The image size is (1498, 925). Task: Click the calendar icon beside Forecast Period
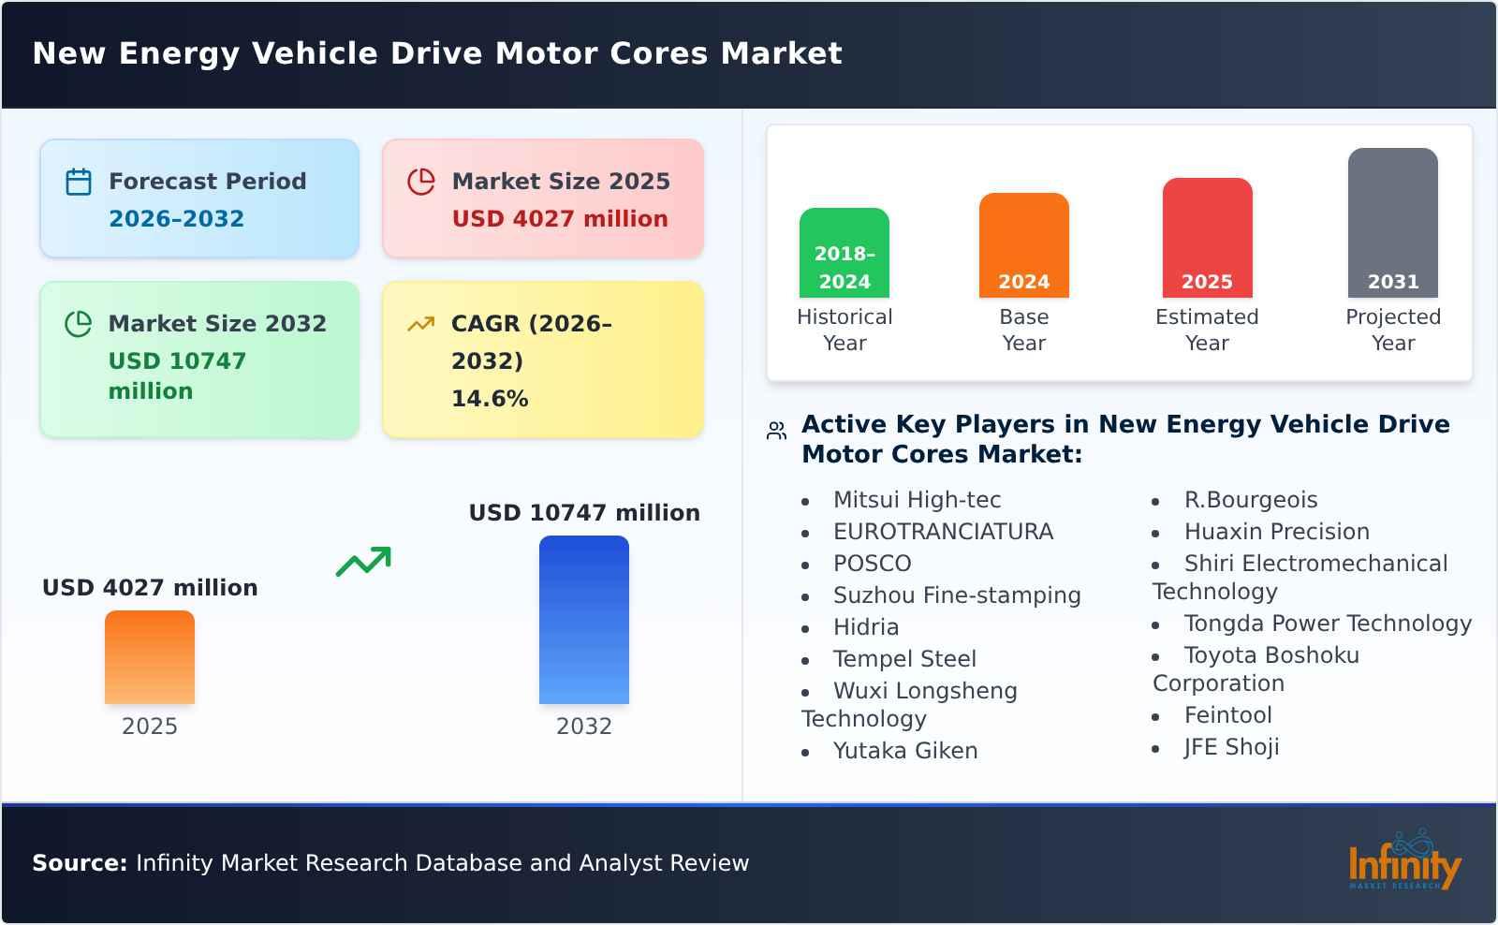tap(79, 182)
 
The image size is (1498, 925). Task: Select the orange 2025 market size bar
tap(150, 657)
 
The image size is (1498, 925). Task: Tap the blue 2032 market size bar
tap(584, 620)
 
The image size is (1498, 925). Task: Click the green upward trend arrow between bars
tap(363, 562)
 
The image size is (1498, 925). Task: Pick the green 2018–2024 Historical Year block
tap(844, 253)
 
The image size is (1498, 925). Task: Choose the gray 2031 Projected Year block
tap(1393, 223)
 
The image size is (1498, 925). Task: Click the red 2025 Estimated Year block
tap(1207, 238)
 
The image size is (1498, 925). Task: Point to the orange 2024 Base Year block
tap(1024, 245)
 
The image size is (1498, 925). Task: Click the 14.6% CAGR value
tap(490, 399)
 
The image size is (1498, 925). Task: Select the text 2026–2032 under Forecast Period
tap(176, 219)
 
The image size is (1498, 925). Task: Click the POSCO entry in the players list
tap(872, 564)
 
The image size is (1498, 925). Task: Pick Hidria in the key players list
tap(866, 627)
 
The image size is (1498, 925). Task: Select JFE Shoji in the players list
tap(1231, 747)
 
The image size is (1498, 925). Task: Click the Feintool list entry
tap(1227, 715)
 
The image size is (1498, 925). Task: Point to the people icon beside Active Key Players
tap(776, 431)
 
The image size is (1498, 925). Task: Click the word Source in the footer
tap(80, 863)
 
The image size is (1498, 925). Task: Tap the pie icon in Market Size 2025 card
tap(421, 182)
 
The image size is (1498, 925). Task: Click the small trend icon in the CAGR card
tap(421, 324)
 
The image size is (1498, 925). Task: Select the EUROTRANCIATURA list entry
tap(943, 532)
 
